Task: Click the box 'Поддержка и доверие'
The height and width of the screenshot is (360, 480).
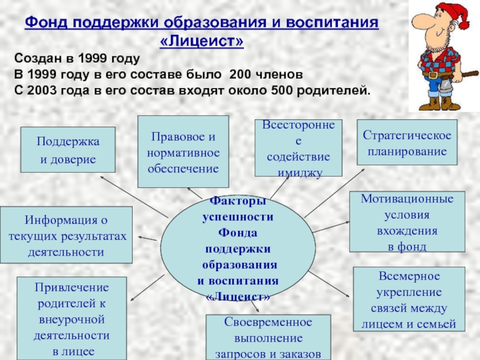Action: point(67,150)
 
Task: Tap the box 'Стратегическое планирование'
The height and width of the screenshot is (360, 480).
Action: point(407,143)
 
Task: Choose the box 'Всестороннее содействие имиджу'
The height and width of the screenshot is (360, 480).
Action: point(298,148)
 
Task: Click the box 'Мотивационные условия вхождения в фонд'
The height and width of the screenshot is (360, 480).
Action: point(407,222)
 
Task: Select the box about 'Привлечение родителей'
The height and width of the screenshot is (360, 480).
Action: point(71,318)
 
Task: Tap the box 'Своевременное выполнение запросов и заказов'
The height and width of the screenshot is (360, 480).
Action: point(268,337)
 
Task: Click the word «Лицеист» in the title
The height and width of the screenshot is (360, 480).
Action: point(203,41)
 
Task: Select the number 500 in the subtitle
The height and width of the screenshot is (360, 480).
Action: point(283,91)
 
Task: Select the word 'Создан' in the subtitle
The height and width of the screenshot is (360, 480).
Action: point(37,59)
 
